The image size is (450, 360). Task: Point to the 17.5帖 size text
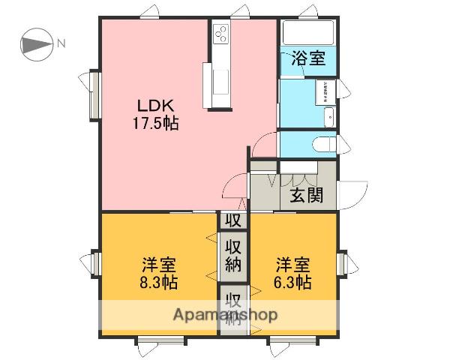click(156, 124)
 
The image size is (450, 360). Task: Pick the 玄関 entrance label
click(307, 196)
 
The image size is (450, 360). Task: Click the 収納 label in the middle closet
click(233, 256)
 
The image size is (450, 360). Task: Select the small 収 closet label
click(232, 220)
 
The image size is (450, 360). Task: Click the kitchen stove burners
click(222, 33)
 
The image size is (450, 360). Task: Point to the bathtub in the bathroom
click(307, 34)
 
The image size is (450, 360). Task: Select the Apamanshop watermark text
click(226, 313)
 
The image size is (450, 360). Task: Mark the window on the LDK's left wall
click(95, 94)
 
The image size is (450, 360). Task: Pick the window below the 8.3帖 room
click(160, 342)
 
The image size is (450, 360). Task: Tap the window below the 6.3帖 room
click(292, 342)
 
